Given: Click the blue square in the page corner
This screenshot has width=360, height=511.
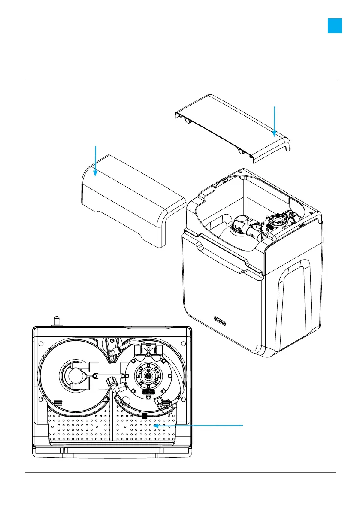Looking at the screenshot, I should tap(335, 26).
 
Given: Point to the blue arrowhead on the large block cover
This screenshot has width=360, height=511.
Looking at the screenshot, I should tap(95, 173).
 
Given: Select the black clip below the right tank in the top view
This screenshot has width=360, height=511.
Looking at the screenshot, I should tap(145, 415).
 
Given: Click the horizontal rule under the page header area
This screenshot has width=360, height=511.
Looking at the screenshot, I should tap(180, 79).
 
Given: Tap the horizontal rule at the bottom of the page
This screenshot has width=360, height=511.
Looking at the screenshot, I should tap(180, 473).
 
